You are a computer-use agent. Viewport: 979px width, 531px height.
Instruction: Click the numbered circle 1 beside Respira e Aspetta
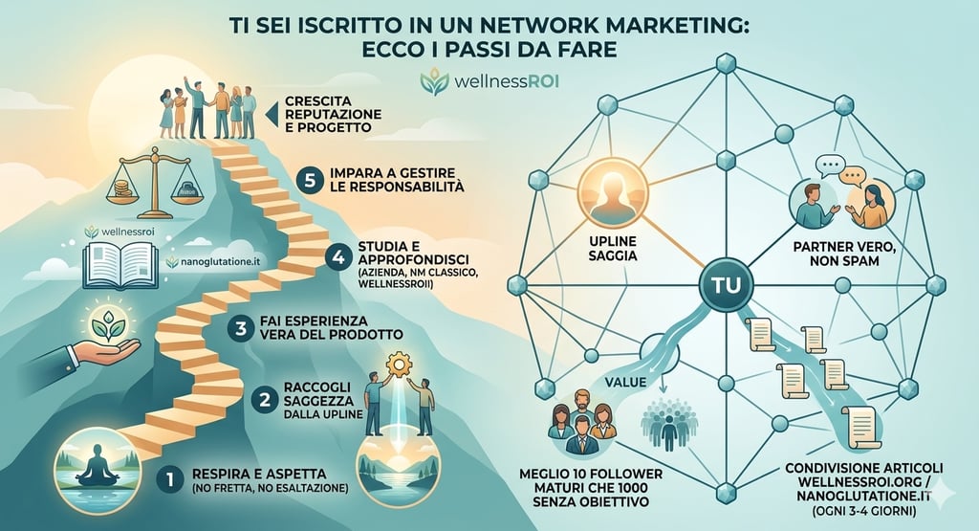(169, 476)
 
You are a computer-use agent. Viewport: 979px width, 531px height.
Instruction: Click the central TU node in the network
(729, 286)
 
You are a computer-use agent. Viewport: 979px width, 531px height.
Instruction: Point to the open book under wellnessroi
(120, 265)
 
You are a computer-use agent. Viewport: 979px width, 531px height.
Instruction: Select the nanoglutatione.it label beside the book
(209, 261)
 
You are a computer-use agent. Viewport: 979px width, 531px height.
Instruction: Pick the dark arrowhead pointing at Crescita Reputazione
(270, 115)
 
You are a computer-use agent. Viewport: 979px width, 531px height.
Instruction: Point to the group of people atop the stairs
(207, 110)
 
